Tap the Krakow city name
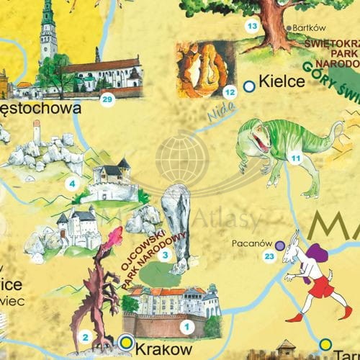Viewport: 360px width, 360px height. coord(166,347)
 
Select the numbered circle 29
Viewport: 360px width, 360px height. coord(107,99)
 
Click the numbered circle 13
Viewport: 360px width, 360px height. coord(252,27)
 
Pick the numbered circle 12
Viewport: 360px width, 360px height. coord(230,91)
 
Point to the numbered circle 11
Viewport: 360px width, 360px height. coord(294,158)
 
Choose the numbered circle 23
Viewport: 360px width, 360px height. coord(269,256)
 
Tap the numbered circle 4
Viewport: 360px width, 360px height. coord(71,184)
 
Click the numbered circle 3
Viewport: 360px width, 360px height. coord(165,254)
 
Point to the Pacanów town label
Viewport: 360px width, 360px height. coord(251,243)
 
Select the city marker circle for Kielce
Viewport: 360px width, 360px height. coord(249,86)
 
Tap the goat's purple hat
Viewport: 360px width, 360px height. coord(320,254)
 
